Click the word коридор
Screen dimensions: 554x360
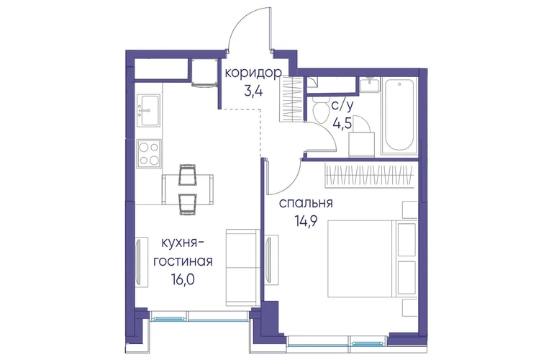pyautogui.click(x=253, y=73)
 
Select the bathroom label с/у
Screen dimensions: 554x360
pyautogui.click(x=342, y=105)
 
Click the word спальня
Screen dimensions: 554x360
pyautogui.click(x=306, y=203)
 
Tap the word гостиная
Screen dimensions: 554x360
pyautogui.click(x=182, y=261)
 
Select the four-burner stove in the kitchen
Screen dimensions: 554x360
pyautogui.click(x=149, y=153)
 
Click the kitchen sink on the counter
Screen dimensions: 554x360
pyautogui.click(x=148, y=110)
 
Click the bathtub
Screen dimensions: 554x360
pyautogui.click(x=399, y=115)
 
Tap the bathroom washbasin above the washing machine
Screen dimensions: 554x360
pyautogui.click(x=369, y=85)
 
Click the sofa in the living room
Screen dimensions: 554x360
pyautogui.click(x=242, y=267)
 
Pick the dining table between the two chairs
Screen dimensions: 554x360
pyautogui.click(x=187, y=189)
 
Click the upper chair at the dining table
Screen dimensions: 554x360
pyautogui.click(x=187, y=174)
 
